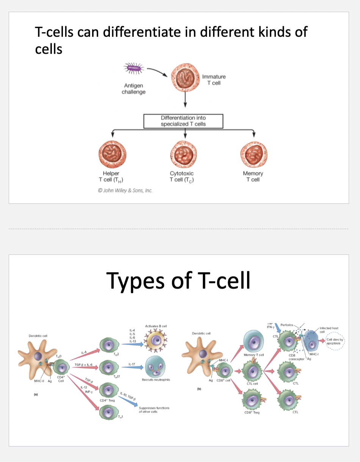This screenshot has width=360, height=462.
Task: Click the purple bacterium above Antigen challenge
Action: [133, 69]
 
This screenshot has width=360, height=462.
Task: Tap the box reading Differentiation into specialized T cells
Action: [183, 121]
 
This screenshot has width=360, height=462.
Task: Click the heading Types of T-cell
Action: [178, 280]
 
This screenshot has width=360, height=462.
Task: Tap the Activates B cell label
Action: [156, 326]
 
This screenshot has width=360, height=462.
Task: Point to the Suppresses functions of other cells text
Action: [154, 410]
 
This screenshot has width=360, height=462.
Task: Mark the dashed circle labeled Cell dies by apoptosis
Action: [334, 341]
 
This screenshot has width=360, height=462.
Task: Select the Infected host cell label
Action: [329, 330]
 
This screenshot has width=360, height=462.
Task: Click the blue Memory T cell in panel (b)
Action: [254, 340]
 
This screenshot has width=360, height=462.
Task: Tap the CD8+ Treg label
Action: [252, 412]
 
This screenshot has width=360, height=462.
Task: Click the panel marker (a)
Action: [35, 394]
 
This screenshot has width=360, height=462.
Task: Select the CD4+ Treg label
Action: [107, 400]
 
